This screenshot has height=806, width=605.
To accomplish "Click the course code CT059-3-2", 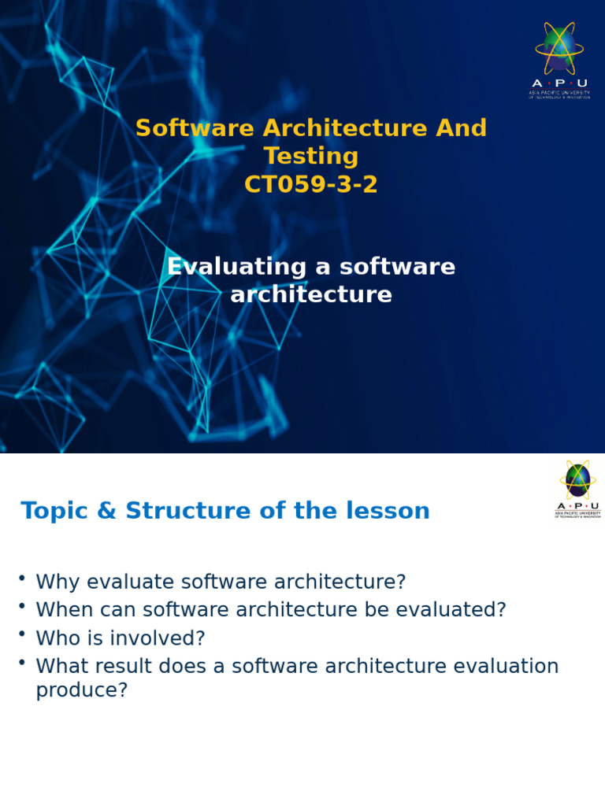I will tap(310, 185).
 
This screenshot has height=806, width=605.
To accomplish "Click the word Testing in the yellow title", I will tap(310, 157).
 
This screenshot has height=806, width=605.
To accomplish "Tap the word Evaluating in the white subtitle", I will tap(237, 267).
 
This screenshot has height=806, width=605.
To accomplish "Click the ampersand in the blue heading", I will tap(106, 511).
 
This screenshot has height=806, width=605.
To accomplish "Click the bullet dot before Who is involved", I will tap(22, 634).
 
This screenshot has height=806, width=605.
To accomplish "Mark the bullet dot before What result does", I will tap(22, 663).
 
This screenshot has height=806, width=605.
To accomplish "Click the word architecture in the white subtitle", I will tap(310, 295).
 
